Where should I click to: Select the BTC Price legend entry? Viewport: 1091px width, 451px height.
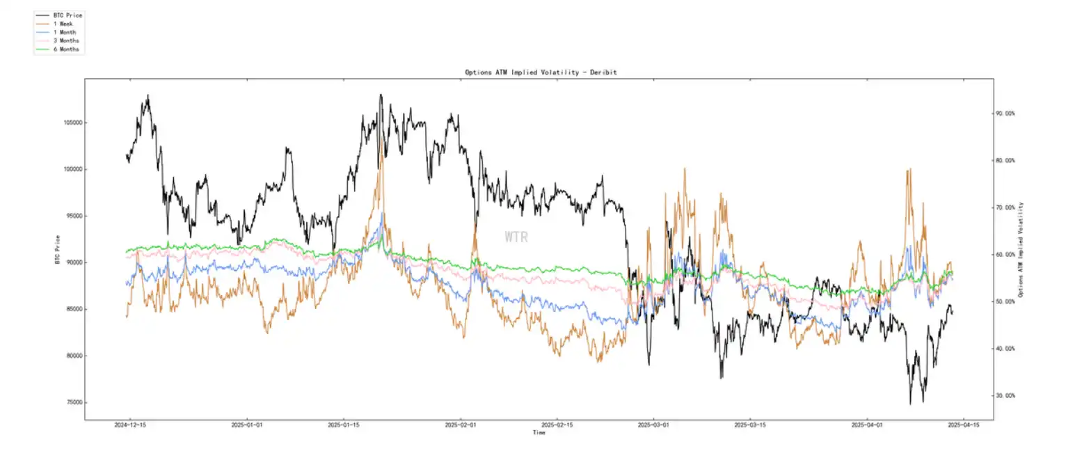pos(67,15)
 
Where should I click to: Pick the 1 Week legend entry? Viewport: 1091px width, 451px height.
pos(65,24)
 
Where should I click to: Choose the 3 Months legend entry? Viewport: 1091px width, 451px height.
pos(67,41)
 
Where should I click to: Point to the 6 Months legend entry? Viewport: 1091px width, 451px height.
pos(67,49)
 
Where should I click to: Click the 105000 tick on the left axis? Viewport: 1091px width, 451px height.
pos(70,122)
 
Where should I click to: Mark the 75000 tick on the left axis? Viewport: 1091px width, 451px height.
pos(71,402)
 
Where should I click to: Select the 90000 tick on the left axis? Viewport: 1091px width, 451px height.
pos(71,262)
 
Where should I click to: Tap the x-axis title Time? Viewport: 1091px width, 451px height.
pos(539,432)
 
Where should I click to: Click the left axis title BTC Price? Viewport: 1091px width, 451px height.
pos(56,248)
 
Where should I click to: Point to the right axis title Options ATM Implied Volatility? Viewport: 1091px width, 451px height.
pos(1021,250)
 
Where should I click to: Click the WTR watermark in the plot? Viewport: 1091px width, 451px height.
pos(516,237)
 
